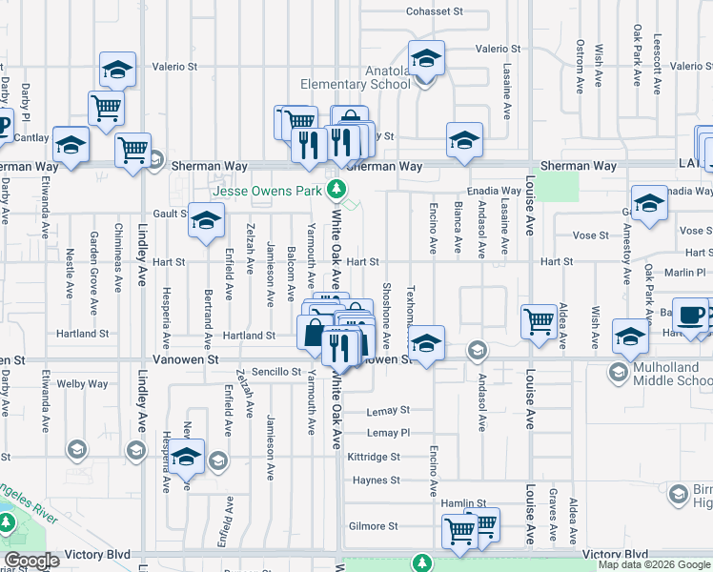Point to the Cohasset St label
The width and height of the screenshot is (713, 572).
coord(434,12)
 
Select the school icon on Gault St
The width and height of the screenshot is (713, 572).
coord(205,220)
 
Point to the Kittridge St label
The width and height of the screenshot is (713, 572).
coord(374,458)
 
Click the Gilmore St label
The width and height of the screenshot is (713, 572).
coord(373,526)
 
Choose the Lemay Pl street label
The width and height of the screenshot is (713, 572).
coord(388,432)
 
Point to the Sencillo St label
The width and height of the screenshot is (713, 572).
coord(276,372)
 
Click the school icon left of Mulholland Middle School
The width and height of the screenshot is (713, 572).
coord(630,337)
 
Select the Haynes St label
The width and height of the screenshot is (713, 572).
coord(376,480)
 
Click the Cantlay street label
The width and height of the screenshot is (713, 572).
coord(31,138)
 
